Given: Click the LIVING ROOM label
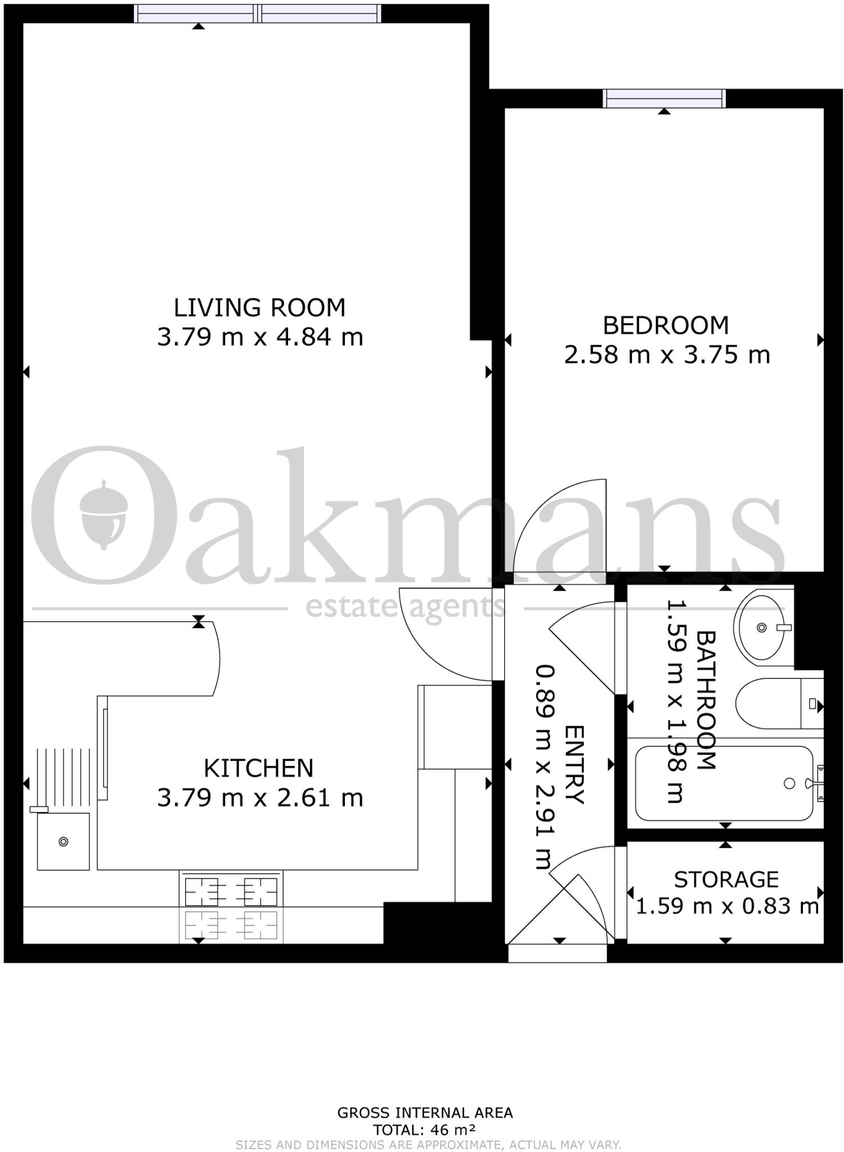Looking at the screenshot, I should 259,308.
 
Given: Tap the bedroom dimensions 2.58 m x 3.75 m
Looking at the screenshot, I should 667,355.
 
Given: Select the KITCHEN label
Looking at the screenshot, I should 258,768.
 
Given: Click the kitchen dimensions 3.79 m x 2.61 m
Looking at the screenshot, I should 259,798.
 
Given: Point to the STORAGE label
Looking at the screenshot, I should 726,879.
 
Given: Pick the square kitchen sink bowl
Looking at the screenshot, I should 63,841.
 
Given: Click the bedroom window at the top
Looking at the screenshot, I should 664,98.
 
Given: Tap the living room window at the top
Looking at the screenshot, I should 258,13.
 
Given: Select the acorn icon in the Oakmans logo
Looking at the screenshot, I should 104,513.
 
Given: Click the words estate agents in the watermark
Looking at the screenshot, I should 405,607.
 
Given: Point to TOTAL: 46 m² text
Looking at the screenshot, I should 424,1129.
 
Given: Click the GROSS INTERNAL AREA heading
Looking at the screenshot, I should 424,1113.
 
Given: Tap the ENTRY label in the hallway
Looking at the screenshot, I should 574,764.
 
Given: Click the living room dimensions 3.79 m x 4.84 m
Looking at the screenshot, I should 259,337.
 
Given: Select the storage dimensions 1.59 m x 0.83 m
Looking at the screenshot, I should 726,906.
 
